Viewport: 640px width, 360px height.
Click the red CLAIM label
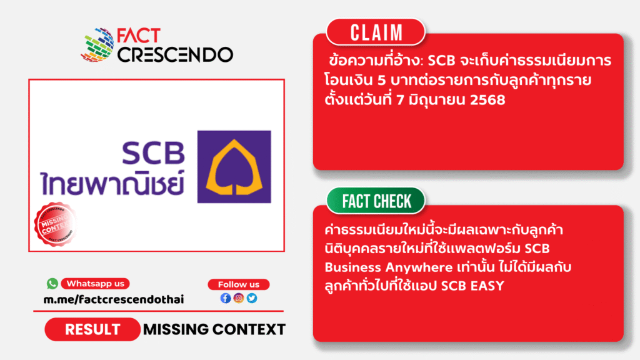click(x=376, y=32)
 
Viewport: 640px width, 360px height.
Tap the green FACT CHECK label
click(x=376, y=201)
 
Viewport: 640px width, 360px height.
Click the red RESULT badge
click(x=92, y=329)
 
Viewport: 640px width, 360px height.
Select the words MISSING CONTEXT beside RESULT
click(x=214, y=329)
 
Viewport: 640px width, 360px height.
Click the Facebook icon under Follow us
click(x=226, y=298)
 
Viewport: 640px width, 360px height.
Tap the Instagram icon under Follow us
click(x=239, y=298)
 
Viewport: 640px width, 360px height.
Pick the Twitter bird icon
click(x=252, y=298)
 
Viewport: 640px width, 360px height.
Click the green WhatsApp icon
click(x=52, y=283)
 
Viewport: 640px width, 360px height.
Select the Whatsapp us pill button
click(x=95, y=284)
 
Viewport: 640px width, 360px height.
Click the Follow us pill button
click(x=238, y=284)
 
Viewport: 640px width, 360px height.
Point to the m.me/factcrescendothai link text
click(x=114, y=299)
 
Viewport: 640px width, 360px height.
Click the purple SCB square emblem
click(x=234, y=166)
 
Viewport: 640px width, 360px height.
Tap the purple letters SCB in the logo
click(x=154, y=153)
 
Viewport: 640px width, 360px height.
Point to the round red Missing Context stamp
click(x=55, y=224)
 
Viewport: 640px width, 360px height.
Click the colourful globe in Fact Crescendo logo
click(x=97, y=45)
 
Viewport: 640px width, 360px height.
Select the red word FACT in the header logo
click(x=139, y=36)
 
